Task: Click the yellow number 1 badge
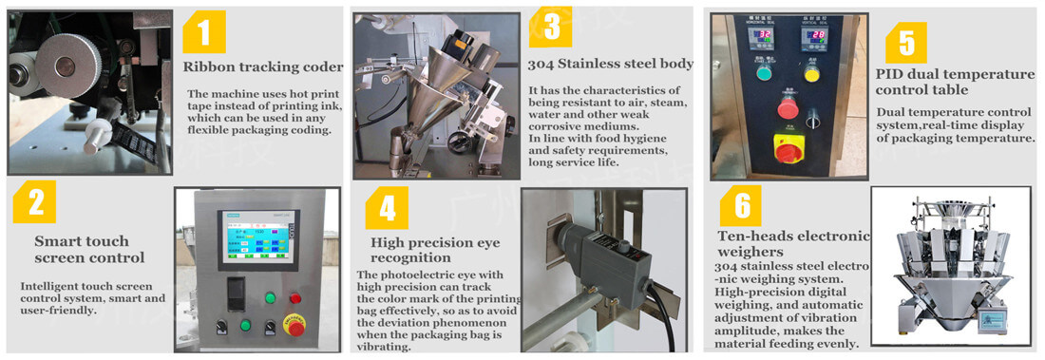[204, 34]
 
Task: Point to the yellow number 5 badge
[906, 43]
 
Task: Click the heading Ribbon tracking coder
[263, 67]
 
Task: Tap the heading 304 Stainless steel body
[610, 65]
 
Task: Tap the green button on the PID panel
[762, 71]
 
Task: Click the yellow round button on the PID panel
[811, 71]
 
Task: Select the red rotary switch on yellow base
[787, 149]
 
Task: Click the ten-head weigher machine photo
[950, 265]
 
